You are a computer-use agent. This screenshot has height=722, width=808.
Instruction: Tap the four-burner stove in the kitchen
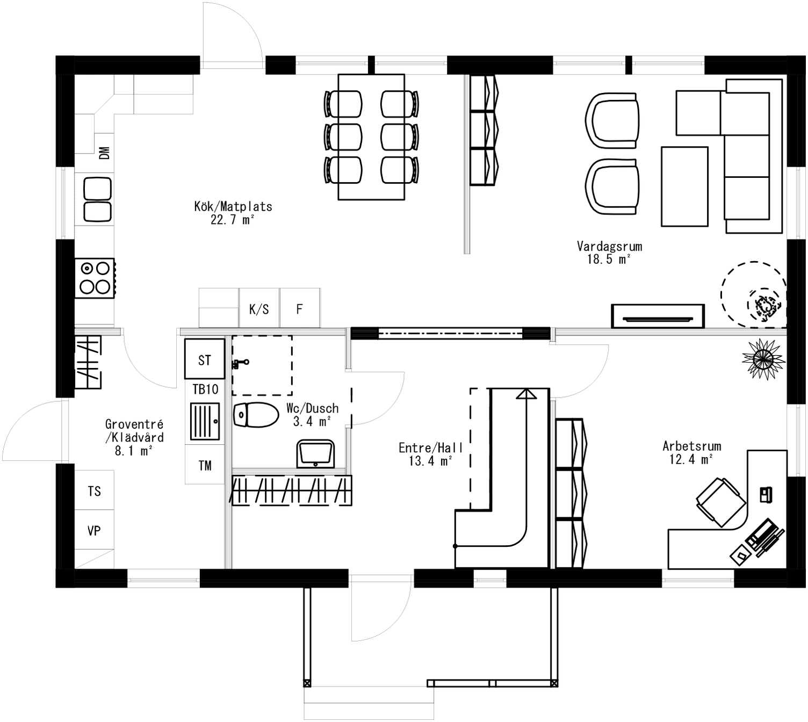(95, 278)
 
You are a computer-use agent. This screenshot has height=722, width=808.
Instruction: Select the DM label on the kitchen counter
(105, 153)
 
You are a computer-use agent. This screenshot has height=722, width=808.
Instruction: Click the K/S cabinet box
(259, 309)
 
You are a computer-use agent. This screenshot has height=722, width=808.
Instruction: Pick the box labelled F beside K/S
(300, 309)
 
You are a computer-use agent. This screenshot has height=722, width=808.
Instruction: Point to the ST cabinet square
(204, 359)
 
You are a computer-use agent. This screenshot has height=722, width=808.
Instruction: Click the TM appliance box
(205, 465)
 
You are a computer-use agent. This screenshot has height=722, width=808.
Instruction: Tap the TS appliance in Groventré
(95, 490)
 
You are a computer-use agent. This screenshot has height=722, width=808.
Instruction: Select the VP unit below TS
(94, 530)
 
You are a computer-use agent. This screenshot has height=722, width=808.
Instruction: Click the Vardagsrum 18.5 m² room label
(609, 252)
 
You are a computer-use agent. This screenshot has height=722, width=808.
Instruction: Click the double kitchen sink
(98, 200)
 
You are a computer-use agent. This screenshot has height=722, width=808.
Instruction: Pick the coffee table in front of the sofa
(684, 186)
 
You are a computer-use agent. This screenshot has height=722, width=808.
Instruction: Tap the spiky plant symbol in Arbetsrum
(761, 358)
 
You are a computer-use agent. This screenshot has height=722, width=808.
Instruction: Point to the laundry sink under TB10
(205, 421)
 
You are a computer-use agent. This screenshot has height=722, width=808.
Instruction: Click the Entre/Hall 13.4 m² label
(430, 454)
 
